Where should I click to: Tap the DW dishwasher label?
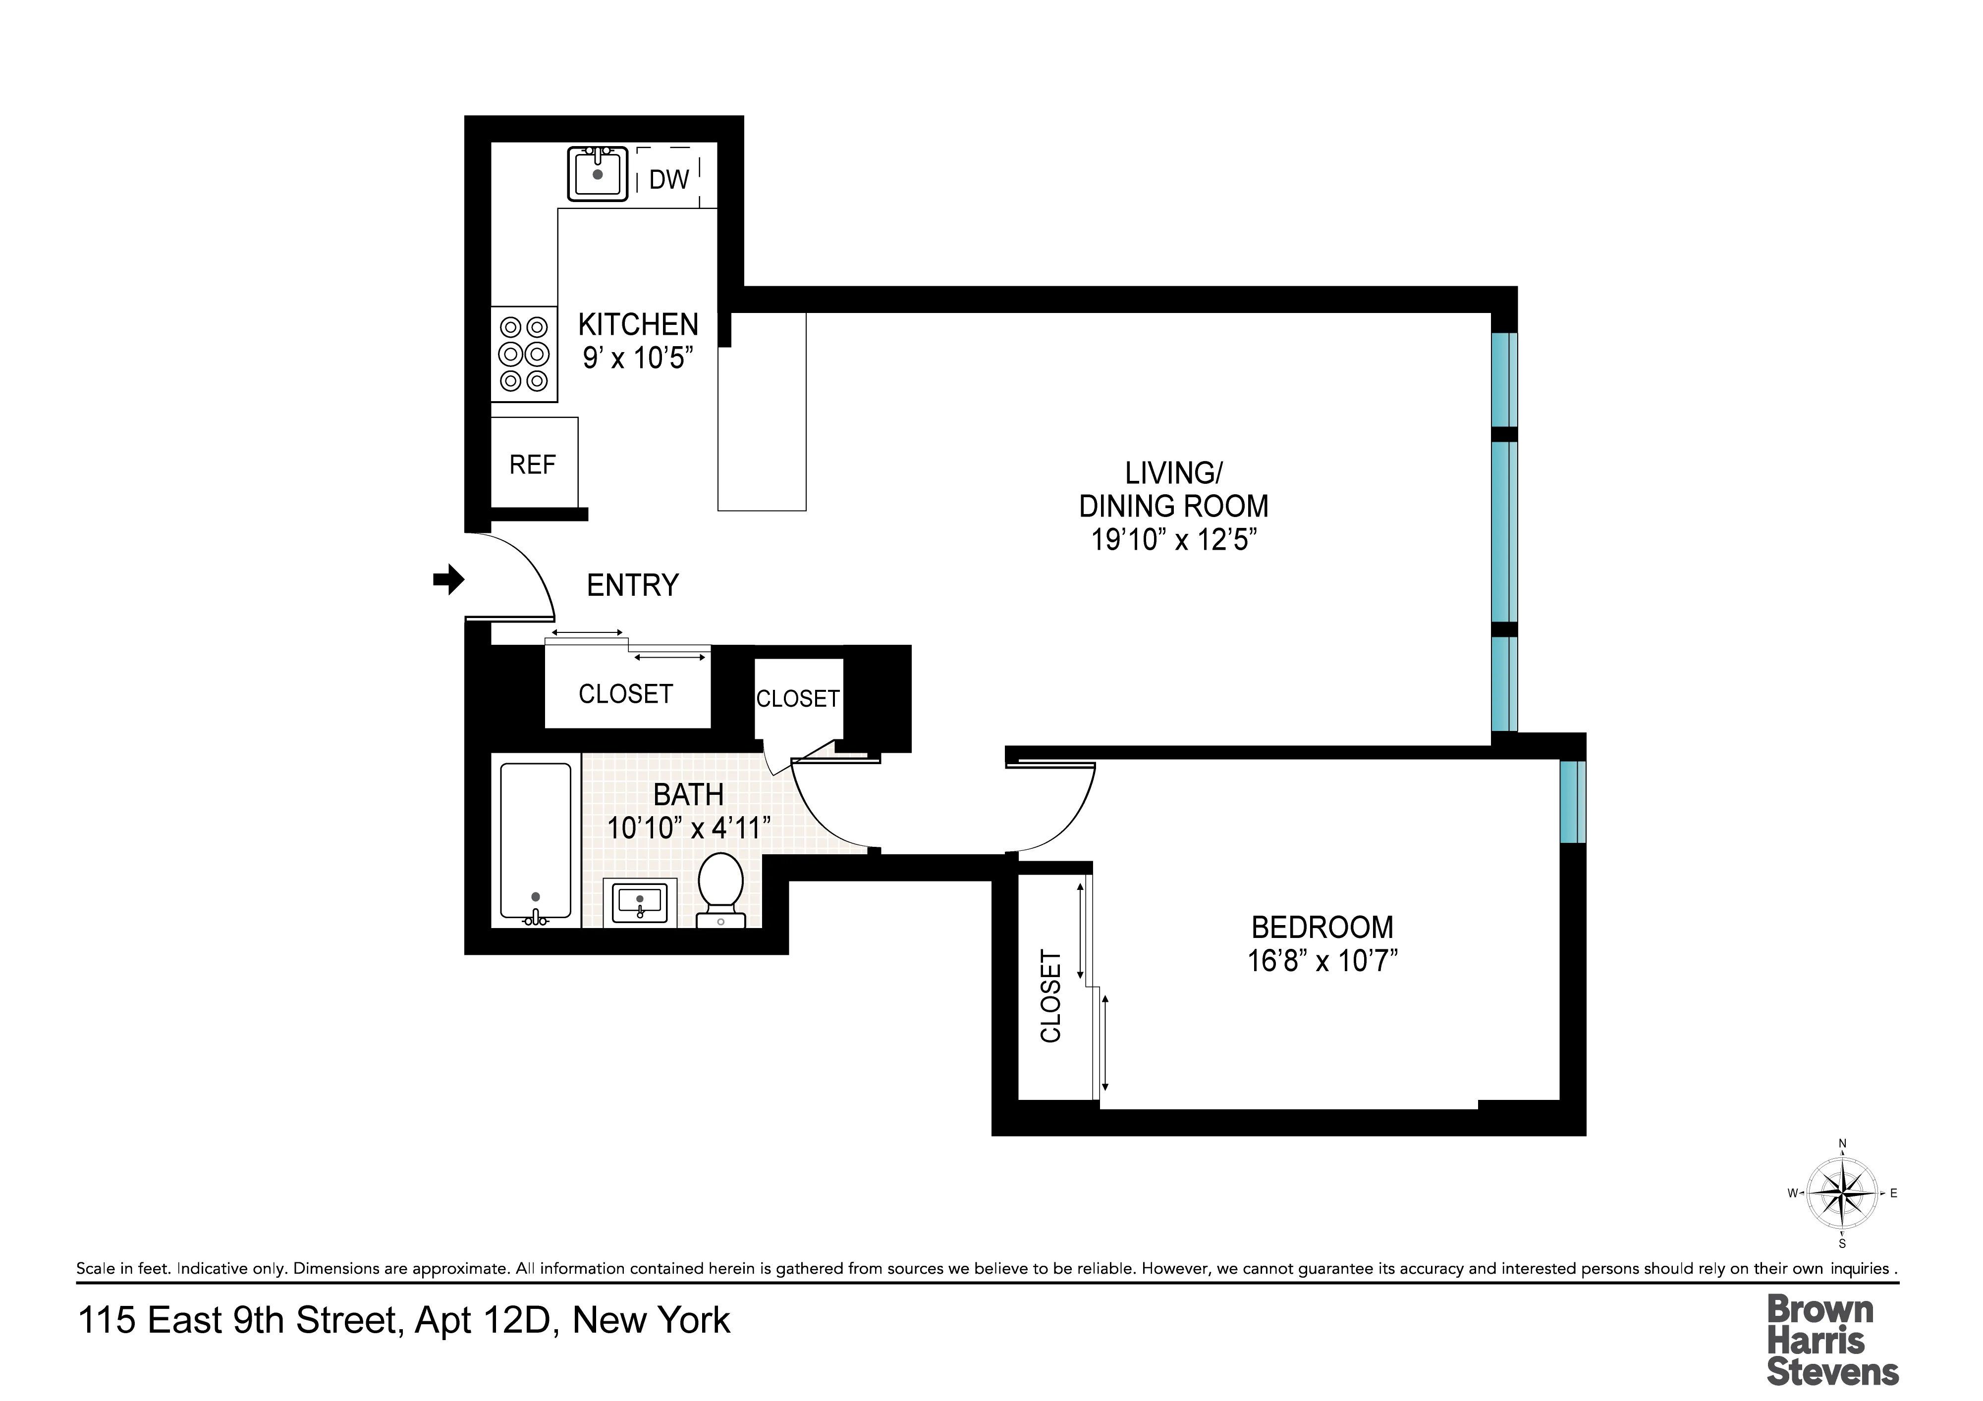click(668, 180)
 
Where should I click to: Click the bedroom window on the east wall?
click(1572, 801)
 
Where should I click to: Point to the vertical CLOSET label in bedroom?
click(1050, 996)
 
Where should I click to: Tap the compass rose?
click(1842, 1194)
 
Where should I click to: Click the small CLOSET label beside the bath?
click(797, 698)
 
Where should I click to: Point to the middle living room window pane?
click(1504, 531)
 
